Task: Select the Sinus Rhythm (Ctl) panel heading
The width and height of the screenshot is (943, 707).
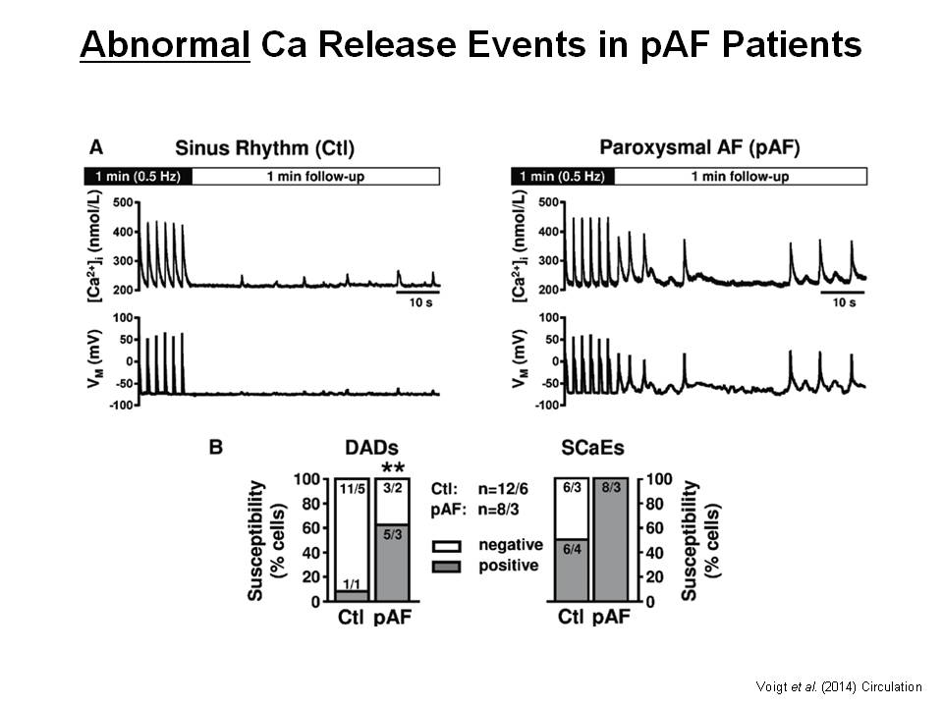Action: pos(264,149)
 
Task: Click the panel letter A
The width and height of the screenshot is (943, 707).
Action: pos(96,147)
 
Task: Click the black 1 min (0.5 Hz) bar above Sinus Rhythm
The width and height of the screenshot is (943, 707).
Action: pos(137,177)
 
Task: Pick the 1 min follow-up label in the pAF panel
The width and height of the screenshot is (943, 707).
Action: pos(740,177)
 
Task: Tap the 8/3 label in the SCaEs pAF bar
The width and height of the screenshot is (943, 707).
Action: pos(610,487)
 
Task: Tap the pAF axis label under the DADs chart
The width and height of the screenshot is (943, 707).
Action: pos(395,620)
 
